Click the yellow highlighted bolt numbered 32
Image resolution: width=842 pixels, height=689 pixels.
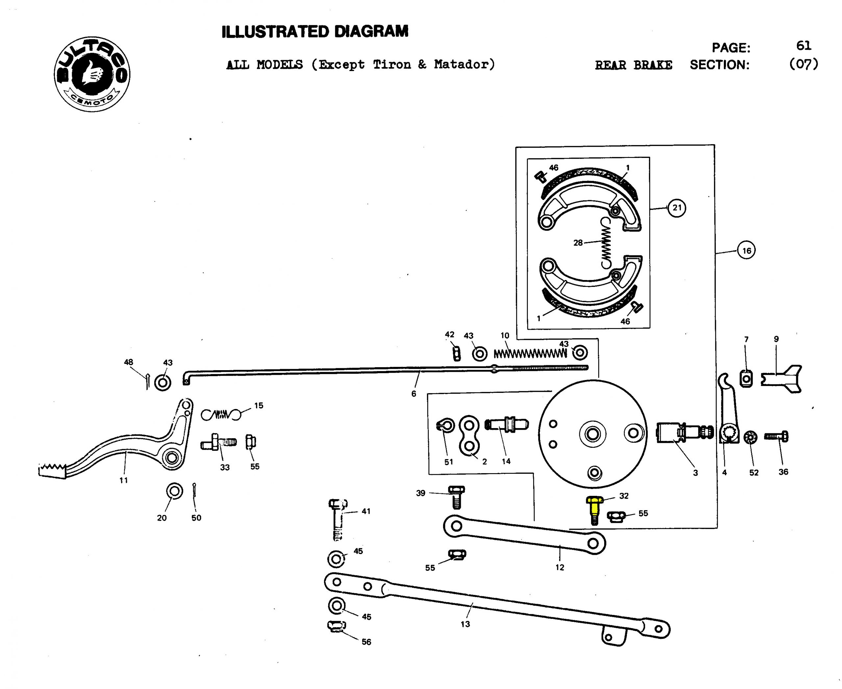click(594, 510)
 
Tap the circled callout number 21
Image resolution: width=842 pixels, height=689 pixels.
click(677, 208)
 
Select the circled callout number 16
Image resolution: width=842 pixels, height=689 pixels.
click(746, 250)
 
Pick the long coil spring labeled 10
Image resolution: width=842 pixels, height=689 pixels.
click(530, 353)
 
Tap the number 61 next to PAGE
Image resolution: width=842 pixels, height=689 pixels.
click(804, 46)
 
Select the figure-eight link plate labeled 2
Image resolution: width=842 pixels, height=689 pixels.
click(469, 435)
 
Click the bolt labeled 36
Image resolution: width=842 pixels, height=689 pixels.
click(777, 437)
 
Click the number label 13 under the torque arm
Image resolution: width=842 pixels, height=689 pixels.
click(465, 624)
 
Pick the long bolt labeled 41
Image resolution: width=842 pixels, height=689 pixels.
click(337, 520)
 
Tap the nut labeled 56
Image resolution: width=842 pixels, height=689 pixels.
click(336, 626)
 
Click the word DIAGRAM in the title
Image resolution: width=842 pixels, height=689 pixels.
click(371, 32)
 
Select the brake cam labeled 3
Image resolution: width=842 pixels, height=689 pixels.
click(684, 432)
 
